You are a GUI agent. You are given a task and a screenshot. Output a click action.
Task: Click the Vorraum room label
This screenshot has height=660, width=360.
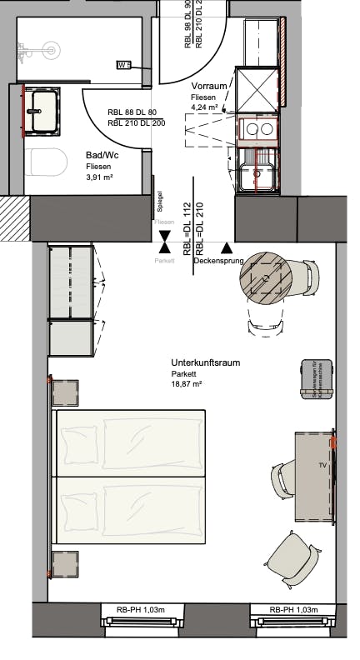(209, 87)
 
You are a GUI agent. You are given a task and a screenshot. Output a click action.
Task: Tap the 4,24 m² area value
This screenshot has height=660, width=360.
(204, 107)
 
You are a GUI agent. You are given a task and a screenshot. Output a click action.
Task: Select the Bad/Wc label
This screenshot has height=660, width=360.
(101, 155)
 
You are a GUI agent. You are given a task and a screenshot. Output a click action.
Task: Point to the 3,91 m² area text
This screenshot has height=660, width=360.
(99, 177)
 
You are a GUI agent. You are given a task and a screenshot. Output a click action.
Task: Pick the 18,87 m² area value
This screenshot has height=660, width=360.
(187, 385)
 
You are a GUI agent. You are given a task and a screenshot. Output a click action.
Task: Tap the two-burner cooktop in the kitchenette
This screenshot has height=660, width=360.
(258, 129)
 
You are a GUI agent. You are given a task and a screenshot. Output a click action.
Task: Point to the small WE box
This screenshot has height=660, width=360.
(123, 65)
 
